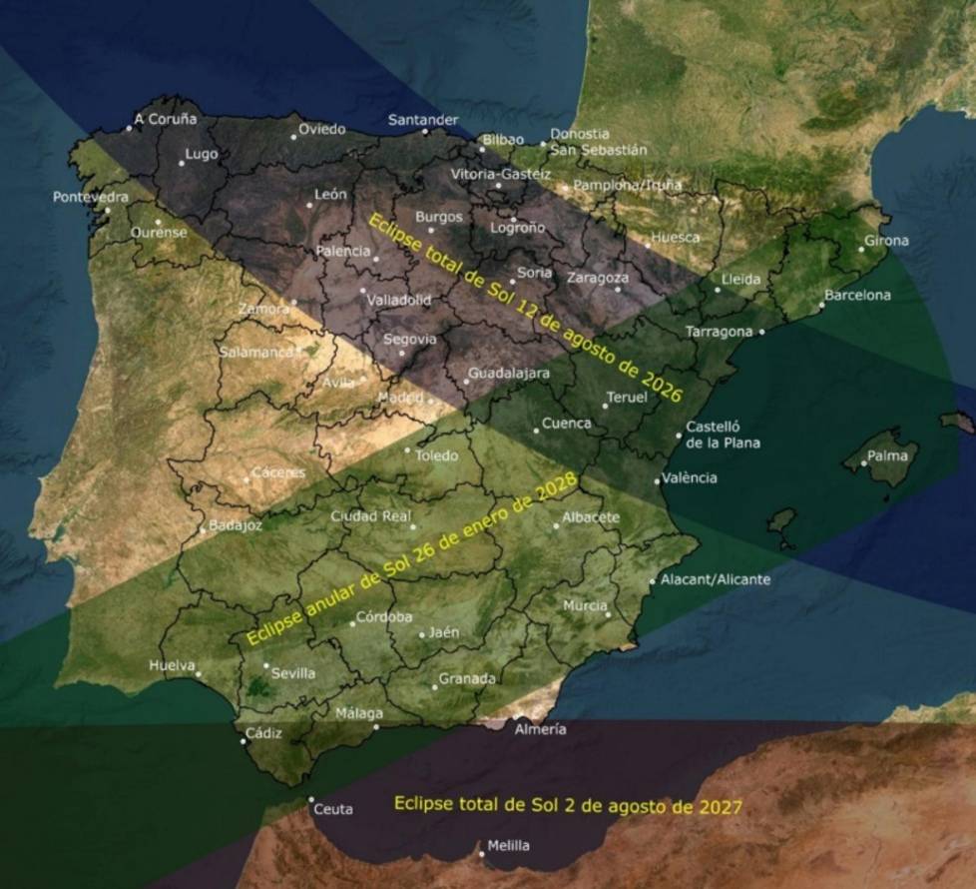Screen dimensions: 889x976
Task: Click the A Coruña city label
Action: [167, 119]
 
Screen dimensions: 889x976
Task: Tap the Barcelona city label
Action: [857, 296]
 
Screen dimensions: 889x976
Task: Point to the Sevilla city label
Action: [293, 674]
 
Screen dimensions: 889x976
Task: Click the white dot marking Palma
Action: [864, 462]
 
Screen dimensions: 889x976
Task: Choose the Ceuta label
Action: [333, 810]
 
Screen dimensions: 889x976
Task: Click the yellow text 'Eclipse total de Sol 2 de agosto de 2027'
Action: [567, 803]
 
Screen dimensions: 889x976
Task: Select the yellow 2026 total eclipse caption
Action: [525, 308]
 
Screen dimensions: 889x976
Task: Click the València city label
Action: [689, 478]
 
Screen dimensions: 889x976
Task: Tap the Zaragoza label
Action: [598, 278]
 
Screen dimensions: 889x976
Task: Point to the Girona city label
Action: [886, 241]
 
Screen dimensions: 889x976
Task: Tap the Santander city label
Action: [423, 120]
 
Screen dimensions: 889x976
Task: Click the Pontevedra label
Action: [91, 197]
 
